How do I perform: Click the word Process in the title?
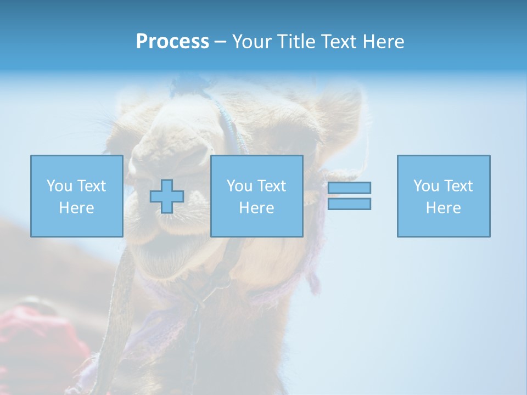172,42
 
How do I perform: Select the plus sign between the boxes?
167,196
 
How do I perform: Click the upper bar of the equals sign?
349,188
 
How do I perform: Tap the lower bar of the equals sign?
349,204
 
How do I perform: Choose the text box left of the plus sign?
76,196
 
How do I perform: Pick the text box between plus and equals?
256,196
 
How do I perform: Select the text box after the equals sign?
443,196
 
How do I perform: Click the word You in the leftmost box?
59,186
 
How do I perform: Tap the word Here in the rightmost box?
443,208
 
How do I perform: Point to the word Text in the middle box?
272,186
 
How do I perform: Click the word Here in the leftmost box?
76,208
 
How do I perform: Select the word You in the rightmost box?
425,186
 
